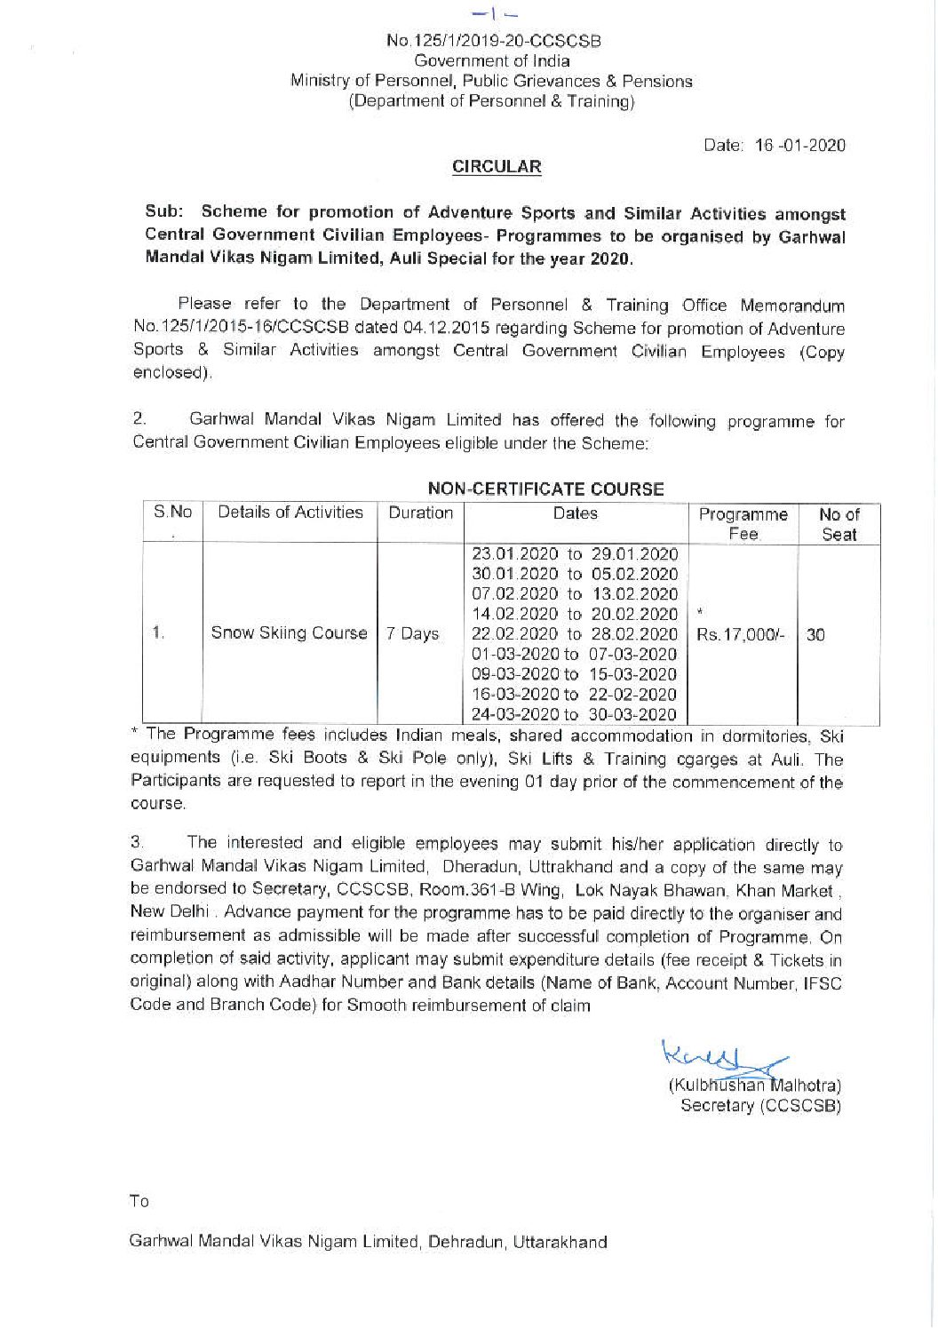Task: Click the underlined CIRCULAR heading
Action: pyautogui.click(x=497, y=166)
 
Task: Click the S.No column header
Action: pyautogui.click(x=172, y=513)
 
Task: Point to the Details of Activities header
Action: pyautogui.click(x=290, y=513)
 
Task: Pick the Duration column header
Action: pyautogui.click(x=420, y=513)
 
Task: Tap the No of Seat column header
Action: pyautogui.click(x=839, y=523)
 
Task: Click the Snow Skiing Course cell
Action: pyautogui.click(x=289, y=633)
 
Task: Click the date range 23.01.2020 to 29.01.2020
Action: pyautogui.click(x=575, y=555)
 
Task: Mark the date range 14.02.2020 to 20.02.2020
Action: pyautogui.click(x=575, y=614)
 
